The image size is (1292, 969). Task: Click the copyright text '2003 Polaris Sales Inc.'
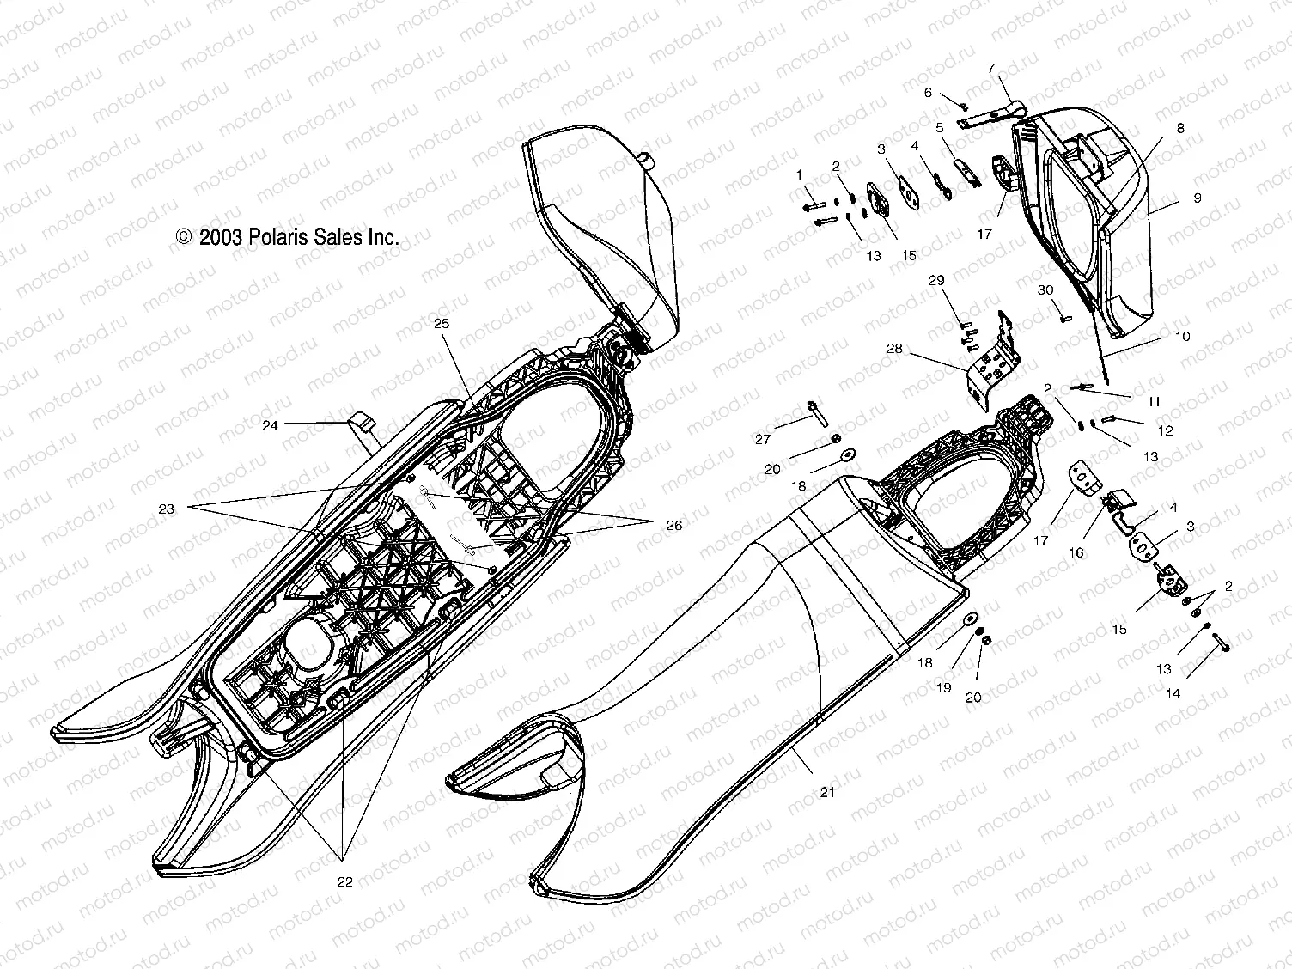tap(287, 237)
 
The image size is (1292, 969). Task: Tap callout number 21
tap(827, 792)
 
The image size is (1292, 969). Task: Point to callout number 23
tap(166, 509)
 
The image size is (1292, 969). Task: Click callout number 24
tap(271, 425)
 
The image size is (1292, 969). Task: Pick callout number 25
tap(441, 324)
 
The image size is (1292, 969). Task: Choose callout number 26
tap(673, 525)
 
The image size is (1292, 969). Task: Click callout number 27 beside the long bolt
tap(763, 439)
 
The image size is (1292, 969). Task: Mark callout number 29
tap(936, 281)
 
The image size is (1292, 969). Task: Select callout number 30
tap(1045, 290)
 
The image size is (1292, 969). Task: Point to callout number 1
tap(800, 174)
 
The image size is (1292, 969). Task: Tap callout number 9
tap(1197, 198)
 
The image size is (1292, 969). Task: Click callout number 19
tap(943, 687)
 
